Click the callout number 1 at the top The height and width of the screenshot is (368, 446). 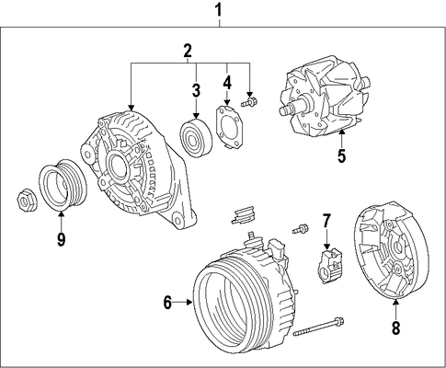point(218,10)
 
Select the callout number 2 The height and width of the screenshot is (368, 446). point(188,51)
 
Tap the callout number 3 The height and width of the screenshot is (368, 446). point(196,90)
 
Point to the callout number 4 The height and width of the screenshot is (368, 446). point(227,82)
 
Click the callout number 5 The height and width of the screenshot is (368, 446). point(341,155)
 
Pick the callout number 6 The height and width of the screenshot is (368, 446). point(167,303)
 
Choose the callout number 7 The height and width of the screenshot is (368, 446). point(326,221)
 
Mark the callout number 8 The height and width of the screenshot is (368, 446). point(395,328)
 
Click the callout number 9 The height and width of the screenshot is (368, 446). point(61,238)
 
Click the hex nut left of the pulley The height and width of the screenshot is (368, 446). point(27,201)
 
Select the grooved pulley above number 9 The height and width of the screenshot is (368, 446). point(63,185)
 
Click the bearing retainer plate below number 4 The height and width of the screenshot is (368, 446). point(227,126)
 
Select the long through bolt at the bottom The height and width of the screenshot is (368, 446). point(318,327)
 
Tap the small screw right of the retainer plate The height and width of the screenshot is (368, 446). point(249,102)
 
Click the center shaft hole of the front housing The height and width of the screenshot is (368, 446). point(117,167)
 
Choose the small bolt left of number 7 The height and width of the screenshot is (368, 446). point(300,229)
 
